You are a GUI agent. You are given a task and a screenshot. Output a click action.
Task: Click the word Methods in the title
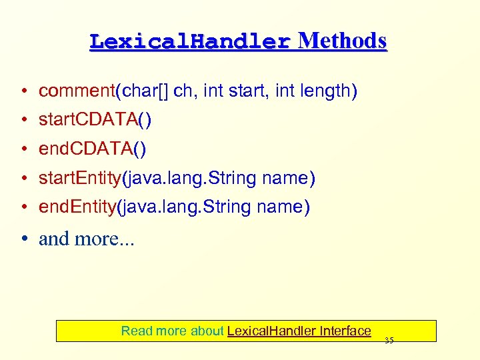tap(342, 41)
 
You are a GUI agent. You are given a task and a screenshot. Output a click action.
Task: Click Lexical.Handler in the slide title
tap(190, 42)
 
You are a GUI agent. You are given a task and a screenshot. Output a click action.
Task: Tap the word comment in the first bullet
tap(77, 91)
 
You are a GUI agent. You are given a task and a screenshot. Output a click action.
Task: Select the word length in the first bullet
tap(325, 91)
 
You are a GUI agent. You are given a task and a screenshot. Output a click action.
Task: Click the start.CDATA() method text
tap(95, 119)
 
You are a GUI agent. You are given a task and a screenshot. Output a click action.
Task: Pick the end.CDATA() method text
tap(92, 149)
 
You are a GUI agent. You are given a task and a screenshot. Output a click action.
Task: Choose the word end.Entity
tap(75, 207)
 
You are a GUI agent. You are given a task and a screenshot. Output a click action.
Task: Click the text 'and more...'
tap(87, 239)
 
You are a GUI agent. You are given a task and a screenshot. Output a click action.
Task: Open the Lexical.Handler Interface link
tap(299, 331)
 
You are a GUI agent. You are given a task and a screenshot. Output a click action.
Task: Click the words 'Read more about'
tap(172, 331)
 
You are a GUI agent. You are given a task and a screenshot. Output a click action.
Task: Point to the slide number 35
tap(389, 341)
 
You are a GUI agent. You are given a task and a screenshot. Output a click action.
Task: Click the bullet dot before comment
tap(24, 91)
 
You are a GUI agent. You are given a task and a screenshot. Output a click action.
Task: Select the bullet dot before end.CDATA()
tap(24, 149)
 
